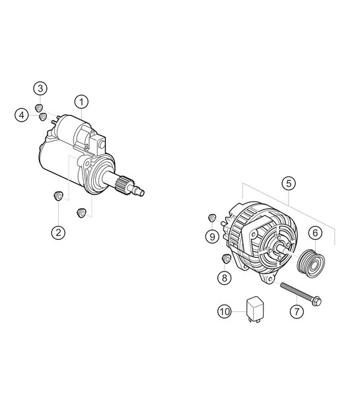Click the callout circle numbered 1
[81, 102]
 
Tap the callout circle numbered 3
[41, 89]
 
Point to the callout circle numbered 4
[23, 115]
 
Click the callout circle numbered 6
[314, 232]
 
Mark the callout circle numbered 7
[296, 310]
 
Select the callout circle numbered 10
[225, 310]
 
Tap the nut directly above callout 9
[213, 217]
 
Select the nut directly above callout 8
[225, 258]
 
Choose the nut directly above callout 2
[58, 196]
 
